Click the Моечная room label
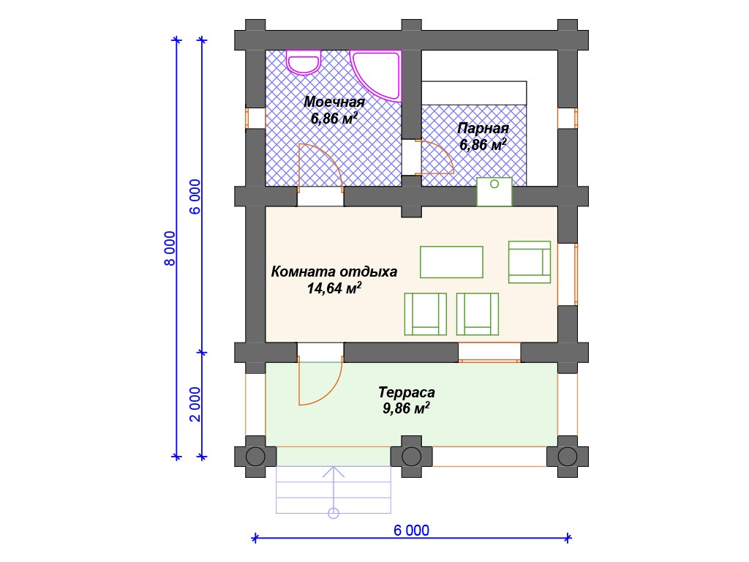point(334,102)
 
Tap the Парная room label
point(483,128)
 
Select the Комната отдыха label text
point(334,271)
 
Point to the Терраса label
point(407,392)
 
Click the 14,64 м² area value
point(334,288)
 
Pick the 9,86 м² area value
point(406,408)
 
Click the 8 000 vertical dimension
point(170,249)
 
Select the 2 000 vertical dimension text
point(195,404)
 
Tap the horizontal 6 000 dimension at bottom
point(411,530)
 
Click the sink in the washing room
point(304,61)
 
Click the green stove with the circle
point(494,192)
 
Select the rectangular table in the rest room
point(451,262)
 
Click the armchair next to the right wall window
point(530,262)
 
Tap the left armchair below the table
point(425,314)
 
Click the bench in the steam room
point(474,93)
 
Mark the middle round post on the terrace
point(411,457)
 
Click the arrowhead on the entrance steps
point(334,472)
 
